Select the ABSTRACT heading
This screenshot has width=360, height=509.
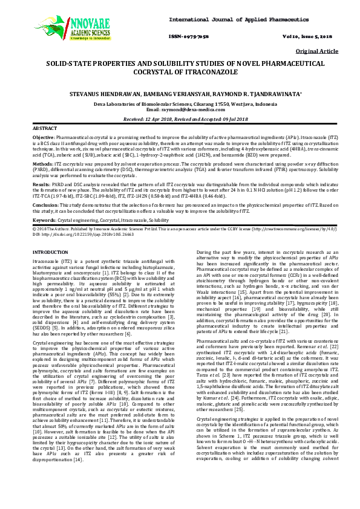pos(44,129)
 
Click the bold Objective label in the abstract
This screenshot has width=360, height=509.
pos(44,138)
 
